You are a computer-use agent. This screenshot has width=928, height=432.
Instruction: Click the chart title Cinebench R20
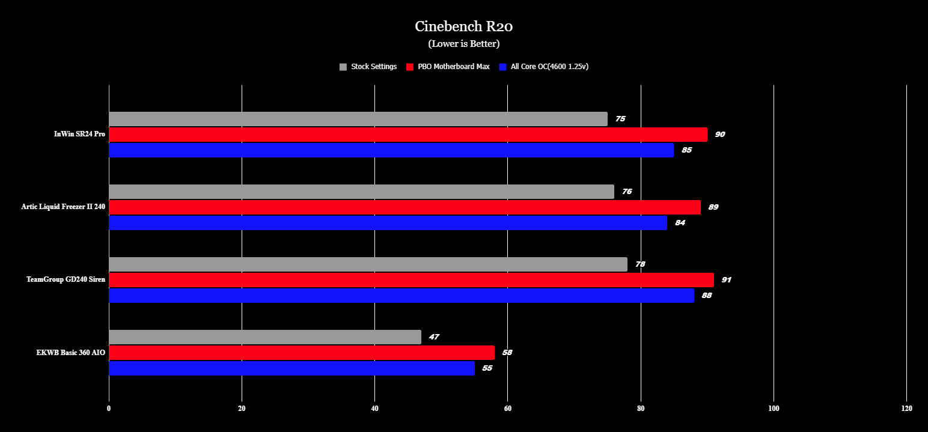coord(463,26)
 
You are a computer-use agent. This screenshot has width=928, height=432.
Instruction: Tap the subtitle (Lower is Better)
coord(463,44)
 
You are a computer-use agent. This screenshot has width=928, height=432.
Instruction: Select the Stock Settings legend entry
coord(368,67)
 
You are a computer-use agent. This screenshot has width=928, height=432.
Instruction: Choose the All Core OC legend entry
coord(543,67)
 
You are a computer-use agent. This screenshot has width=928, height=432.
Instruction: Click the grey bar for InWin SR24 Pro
coord(358,119)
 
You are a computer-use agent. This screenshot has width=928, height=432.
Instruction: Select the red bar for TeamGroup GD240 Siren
coord(411,280)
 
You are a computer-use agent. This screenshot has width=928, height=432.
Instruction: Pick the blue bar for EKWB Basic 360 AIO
coord(292,368)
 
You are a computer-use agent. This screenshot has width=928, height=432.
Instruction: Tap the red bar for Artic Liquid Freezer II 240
coord(404,207)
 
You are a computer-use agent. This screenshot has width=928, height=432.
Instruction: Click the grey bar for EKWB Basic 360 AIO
coord(265,337)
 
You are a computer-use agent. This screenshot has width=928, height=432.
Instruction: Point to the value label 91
coord(727,280)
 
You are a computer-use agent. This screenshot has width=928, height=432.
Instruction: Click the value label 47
coord(434,337)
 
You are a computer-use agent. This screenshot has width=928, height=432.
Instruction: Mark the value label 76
coord(627,192)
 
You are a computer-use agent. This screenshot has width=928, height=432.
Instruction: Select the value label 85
coord(686,150)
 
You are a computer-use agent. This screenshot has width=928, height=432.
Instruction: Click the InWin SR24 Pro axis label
coord(79,134)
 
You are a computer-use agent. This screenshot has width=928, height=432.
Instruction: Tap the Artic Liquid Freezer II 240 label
coord(63,207)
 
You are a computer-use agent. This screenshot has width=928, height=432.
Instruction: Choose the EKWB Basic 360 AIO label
coord(70,352)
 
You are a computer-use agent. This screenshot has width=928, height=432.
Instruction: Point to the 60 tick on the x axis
coord(508,409)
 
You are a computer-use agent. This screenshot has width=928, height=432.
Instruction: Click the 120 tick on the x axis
coord(906,409)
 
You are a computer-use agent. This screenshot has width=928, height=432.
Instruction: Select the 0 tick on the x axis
coord(109,409)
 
